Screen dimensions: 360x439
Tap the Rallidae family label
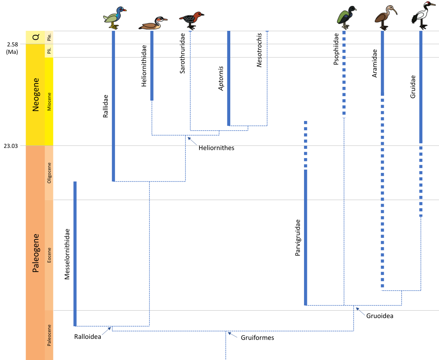(106, 106)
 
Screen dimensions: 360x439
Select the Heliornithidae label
(144, 66)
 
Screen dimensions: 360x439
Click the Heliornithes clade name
(216, 148)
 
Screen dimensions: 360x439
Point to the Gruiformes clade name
(257, 338)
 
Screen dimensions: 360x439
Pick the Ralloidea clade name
(88, 337)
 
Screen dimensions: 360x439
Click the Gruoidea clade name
(380, 316)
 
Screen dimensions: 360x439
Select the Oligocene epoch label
(49, 173)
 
